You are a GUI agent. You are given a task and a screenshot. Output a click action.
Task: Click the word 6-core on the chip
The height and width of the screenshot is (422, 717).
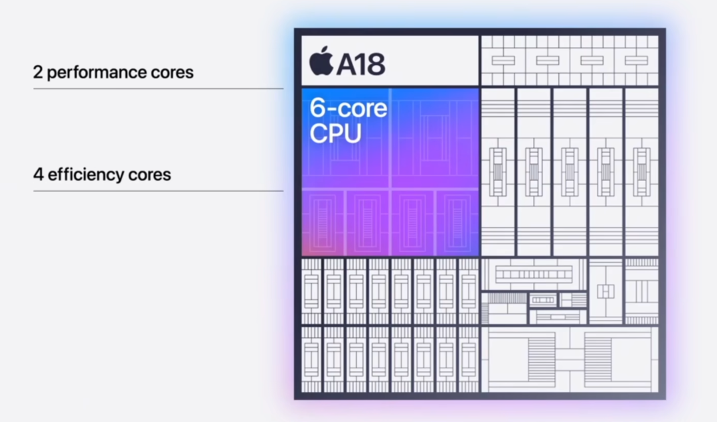click(x=348, y=108)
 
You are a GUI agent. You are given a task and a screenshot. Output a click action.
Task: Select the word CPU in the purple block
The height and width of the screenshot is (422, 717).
click(x=335, y=133)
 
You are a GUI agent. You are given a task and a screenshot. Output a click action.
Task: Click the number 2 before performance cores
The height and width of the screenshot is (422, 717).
click(x=37, y=72)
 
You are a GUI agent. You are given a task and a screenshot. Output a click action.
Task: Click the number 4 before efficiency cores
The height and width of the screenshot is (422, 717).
click(x=38, y=175)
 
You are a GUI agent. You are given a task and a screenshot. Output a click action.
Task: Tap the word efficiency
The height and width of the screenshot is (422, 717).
click(x=86, y=175)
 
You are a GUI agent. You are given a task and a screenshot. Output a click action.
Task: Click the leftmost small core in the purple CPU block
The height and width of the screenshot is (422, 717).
click(x=323, y=222)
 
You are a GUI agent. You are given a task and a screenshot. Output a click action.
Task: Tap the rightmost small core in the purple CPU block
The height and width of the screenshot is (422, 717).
click(x=457, y=222)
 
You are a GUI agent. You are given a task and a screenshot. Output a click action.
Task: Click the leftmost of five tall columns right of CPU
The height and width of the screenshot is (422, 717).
click(x=498, y=171)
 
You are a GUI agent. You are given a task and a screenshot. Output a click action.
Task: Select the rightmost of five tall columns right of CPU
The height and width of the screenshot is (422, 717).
click(x=641, y=171)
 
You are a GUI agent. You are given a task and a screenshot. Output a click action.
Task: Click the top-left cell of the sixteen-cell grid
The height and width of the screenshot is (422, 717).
click(x=311, y=291)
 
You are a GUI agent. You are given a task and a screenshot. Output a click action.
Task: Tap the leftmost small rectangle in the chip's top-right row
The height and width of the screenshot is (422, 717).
click(x=503, y=60)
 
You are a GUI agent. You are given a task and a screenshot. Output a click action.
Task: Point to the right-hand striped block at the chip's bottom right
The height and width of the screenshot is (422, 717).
click(x=597, y=359)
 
